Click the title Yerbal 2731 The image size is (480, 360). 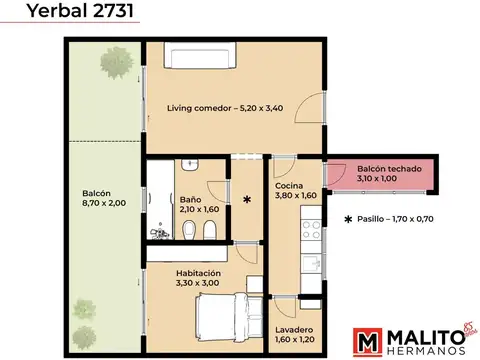(x=68, y=13)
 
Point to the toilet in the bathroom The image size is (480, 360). (x=205, y=233)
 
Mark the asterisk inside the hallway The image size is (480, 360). (x=247, y=200)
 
